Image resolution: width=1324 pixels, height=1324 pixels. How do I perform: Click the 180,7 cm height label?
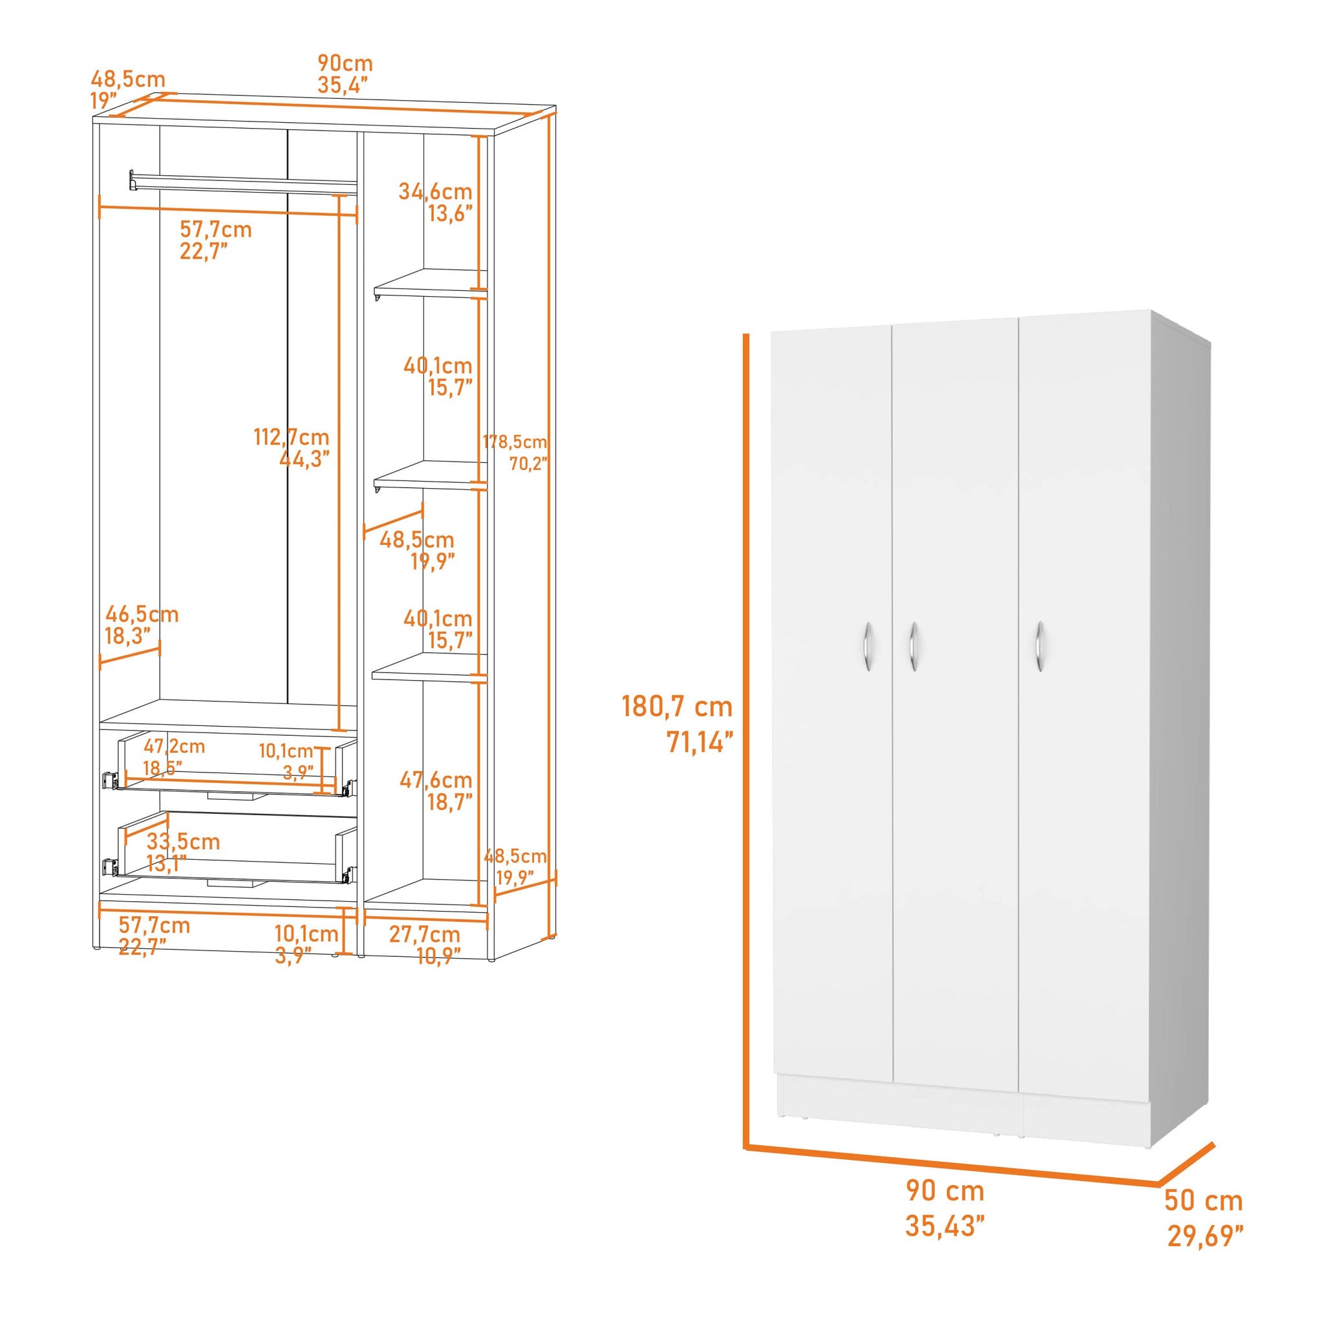[677, 707]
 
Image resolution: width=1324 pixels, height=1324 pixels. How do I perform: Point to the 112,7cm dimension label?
[292, 436]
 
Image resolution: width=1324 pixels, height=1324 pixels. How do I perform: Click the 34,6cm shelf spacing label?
[435, 191]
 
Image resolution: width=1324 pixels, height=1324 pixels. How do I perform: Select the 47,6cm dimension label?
[436, 780]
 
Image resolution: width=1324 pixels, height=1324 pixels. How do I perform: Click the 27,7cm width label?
[424, 934]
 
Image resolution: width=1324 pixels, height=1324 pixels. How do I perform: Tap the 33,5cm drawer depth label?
[183, 842]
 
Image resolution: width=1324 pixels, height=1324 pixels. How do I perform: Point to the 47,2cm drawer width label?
[174, 745]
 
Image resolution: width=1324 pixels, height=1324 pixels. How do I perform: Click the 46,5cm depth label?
[141, 614]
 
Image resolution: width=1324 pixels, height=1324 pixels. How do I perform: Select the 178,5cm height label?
[515, 442]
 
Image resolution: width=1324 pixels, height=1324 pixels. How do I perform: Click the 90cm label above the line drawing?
[345, 63]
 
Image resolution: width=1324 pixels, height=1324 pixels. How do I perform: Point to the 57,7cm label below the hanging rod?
[216, 229]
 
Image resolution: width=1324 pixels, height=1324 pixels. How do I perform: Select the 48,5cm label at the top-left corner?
[128, 80]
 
